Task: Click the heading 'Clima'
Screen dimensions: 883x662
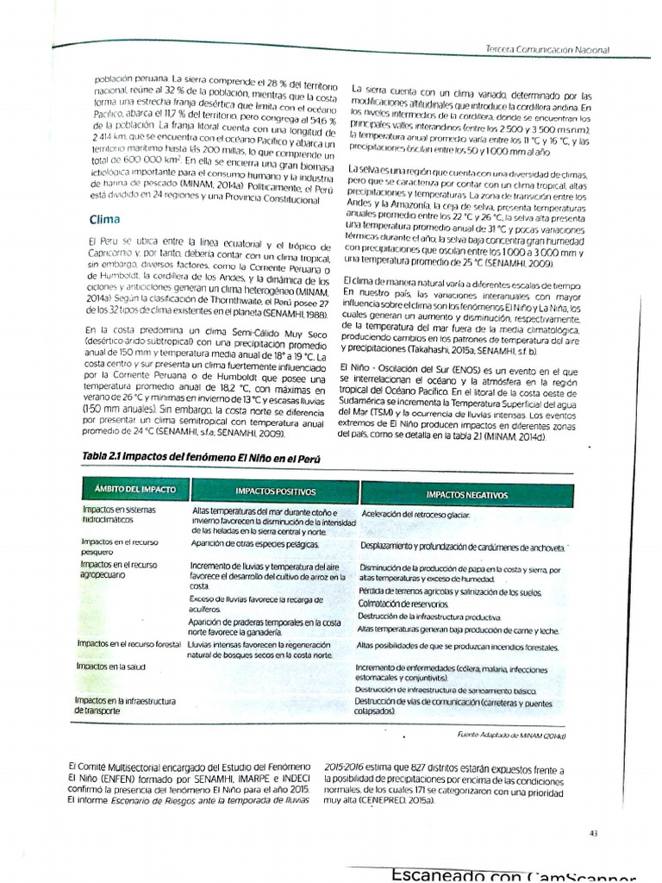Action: (105, 219)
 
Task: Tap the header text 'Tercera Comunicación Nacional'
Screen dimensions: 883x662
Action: (547, 50)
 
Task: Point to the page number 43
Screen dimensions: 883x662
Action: (593, 832)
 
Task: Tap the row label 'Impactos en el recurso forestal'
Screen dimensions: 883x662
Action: (128, 644)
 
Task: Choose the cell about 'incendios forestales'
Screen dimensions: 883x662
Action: (457, 647)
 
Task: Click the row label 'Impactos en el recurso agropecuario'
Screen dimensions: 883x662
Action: (117, 569)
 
